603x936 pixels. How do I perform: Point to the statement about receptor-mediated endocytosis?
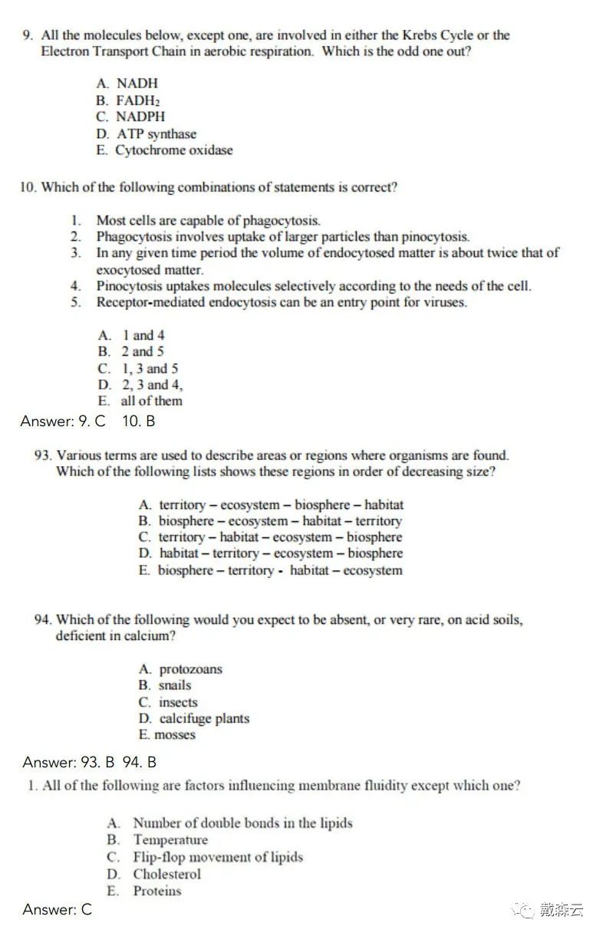281,302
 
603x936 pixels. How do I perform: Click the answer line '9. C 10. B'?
88,421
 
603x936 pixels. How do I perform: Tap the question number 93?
44,455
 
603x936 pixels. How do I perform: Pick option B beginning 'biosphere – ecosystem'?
270,521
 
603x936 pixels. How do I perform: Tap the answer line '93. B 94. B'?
90,762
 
